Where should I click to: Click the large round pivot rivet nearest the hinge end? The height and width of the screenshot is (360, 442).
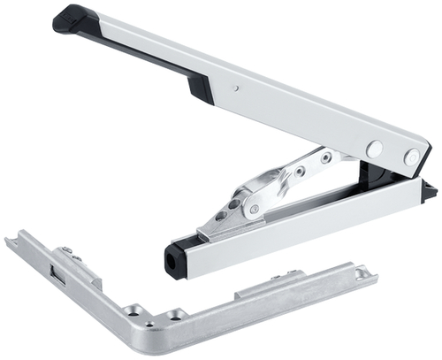coord(412,157)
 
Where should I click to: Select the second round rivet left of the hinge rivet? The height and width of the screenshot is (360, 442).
coord(374,149)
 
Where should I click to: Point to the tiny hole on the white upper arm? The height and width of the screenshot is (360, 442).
coord(236,88)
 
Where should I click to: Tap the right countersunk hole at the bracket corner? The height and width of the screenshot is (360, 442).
coord(175,314)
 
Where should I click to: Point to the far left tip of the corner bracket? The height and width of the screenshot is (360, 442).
coord(8,240)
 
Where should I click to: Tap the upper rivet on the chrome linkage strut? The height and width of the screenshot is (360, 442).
coord(326,157)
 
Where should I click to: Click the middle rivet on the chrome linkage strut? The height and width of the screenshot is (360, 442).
coord(300,171)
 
